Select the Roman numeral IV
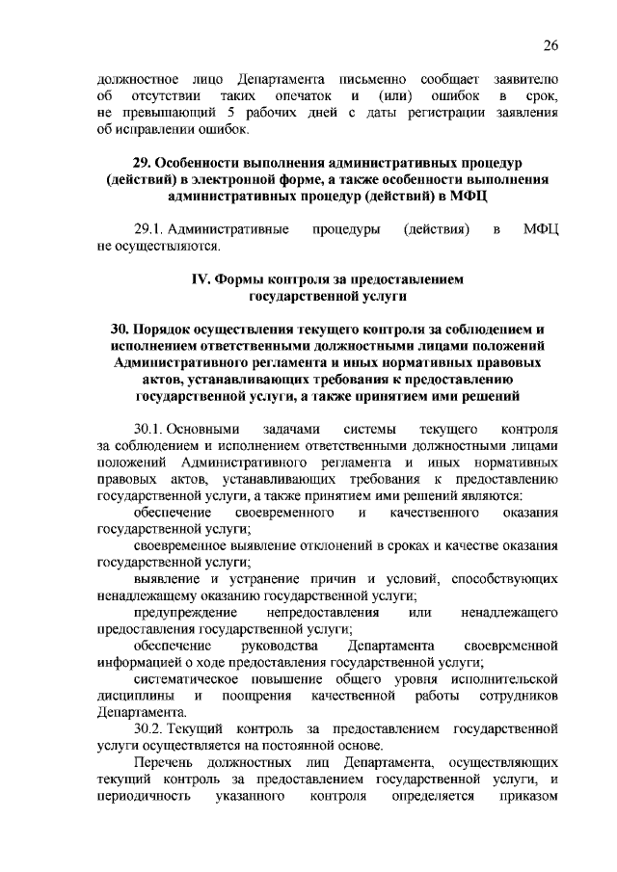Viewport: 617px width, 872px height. pyautogui.click(x=202, y=278)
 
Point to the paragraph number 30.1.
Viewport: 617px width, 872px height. pyautogui.click(x=150, y=426)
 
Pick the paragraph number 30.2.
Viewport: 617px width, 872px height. pyautogui.click(x=150, y=727)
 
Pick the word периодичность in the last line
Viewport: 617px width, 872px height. pyautogui.click(x=143, y=798)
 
